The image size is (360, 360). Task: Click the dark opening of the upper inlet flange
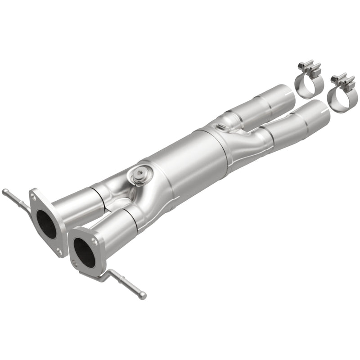tap(46, 224)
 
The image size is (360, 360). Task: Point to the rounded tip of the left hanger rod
tap(4, 192)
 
